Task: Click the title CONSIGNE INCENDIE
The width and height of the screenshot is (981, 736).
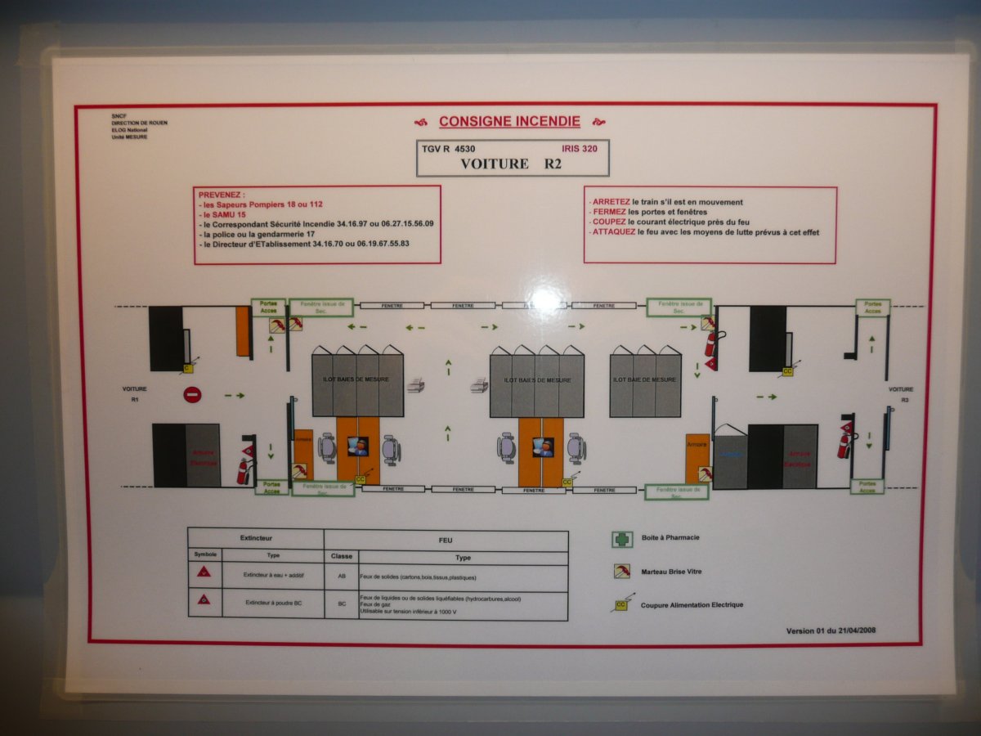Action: [x=509, y=122]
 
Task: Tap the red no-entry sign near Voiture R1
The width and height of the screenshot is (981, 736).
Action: [x=192, y=396]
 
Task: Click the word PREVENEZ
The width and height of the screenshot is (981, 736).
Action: [x=221, y=195]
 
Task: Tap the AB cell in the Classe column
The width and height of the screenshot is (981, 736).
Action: [x=341, y=576]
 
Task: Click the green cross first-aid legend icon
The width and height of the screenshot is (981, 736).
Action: [x=623, y=539]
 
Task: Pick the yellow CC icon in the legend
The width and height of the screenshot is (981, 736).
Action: [x=622, y=605]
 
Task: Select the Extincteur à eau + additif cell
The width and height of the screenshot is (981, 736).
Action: [x=272, y=575]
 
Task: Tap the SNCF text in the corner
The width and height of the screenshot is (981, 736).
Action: [x=119, y=117]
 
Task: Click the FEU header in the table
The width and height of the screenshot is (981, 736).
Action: [x=446, y=541]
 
